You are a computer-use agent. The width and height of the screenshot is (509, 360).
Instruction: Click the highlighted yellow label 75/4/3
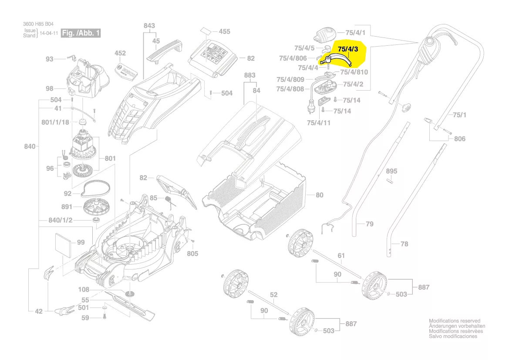coord(348,50)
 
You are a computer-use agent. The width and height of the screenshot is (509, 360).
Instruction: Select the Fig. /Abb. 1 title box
coord(81,33)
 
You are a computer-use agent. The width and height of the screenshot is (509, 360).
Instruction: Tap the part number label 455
coord(224,31)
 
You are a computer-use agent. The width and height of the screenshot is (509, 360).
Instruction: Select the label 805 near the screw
coord(192,254)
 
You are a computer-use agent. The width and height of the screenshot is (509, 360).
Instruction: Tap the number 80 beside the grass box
coord(320,195)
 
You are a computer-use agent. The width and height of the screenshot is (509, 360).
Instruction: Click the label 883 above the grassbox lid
coord(249,75)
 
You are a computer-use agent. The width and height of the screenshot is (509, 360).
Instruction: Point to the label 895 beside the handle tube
coord(392,171)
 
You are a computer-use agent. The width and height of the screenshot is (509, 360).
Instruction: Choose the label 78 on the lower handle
coord(405,244)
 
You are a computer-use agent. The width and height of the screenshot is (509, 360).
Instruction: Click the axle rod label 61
coord(341,255)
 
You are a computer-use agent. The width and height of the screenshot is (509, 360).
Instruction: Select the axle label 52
coord(273,295)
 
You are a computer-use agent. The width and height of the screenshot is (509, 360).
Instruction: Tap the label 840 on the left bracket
coord(30,146)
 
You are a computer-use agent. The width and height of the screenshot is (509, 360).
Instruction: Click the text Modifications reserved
coord(454,320)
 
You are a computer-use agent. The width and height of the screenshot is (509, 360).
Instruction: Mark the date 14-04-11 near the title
coord(49,33)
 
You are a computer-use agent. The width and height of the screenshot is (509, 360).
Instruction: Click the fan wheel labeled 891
coord(95,206)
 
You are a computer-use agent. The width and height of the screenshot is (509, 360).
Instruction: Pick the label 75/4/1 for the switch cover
coord(355,33)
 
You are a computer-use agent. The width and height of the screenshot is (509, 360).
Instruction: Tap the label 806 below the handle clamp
coord(459,139)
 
